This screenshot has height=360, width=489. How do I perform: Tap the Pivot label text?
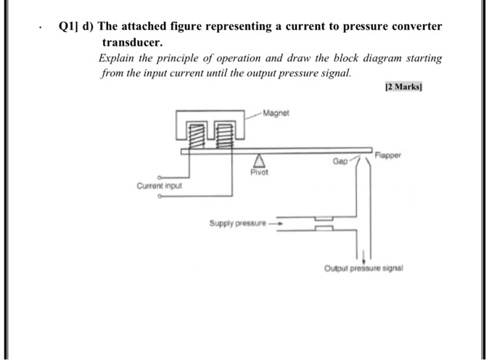258,173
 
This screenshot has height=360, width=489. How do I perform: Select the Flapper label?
393,155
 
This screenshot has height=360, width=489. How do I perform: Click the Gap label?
340,160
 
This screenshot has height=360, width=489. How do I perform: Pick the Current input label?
159,186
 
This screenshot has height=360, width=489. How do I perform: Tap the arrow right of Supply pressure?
275,223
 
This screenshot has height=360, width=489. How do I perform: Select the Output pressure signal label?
363,268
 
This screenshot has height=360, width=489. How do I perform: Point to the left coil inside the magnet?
194,136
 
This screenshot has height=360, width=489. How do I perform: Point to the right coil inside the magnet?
224,136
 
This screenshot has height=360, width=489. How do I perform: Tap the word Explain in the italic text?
115,58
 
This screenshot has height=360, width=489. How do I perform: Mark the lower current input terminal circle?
160,196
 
